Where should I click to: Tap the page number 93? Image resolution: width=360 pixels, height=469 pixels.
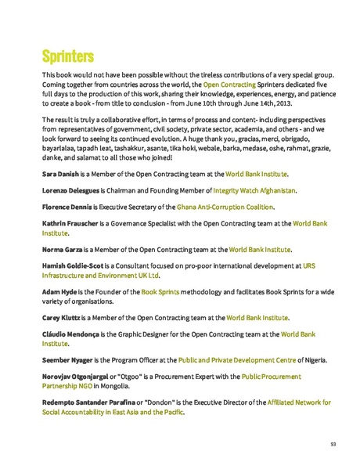(333, 444)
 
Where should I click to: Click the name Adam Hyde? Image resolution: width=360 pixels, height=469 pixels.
(59, 292)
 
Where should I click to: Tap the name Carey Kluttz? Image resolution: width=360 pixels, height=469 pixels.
(62, 318)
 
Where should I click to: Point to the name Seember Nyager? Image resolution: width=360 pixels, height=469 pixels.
(69, 360)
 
